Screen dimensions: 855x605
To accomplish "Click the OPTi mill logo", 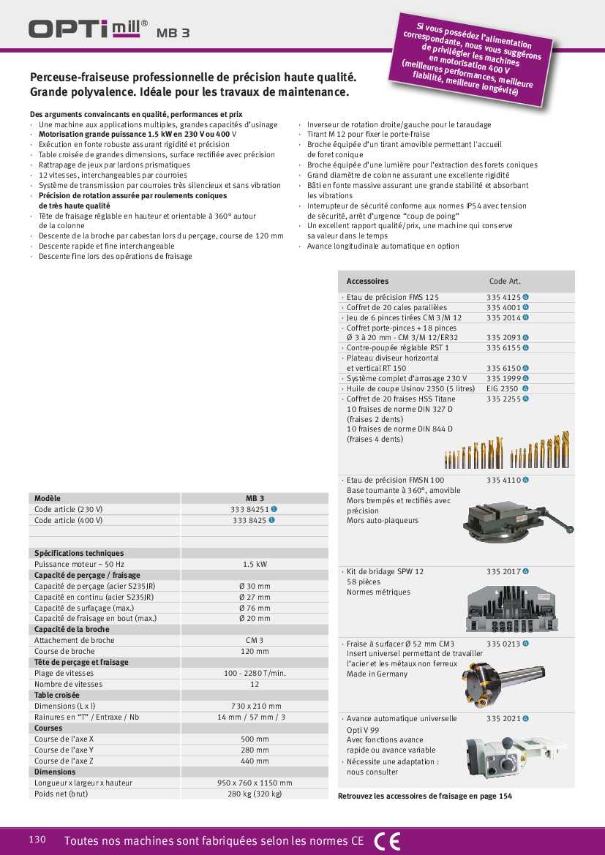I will click(88, 29).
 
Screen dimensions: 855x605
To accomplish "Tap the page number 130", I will click(37, 839).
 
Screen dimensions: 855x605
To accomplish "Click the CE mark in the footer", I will click(387, 841).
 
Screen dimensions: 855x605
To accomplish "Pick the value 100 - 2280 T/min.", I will click(254, 673).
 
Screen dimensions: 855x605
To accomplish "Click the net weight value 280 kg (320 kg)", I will click(254, 794).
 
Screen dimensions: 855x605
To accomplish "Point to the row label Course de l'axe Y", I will click(64, 750).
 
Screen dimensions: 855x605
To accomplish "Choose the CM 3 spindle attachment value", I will click(254, 640).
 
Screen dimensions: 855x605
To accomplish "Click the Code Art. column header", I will click(505, 281).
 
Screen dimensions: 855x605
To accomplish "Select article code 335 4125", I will click(503, 298).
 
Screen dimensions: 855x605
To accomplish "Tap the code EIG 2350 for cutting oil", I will click(502, 389).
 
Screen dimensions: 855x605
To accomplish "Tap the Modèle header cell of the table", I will click(48, 498).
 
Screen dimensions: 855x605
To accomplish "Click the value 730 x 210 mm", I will click(254, 706).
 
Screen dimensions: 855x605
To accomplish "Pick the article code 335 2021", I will click(503, 719).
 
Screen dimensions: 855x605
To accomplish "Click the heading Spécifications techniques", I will click(79, 553).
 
